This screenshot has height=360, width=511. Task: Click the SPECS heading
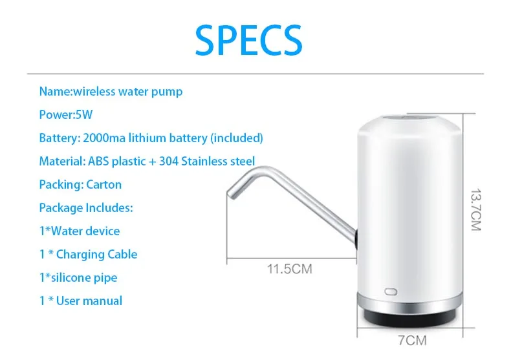click(x=248, y=40)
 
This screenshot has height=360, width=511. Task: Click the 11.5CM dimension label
click(x=289, y=269)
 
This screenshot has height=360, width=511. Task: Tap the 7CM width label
click(x=412, y=341)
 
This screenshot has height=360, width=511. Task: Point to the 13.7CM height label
click(x=476, y=209)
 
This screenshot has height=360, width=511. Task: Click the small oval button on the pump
click(x=391, y=291)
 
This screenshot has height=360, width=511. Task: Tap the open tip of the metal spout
click(x=231, y=195)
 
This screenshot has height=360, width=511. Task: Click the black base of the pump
click(x=409, y=317)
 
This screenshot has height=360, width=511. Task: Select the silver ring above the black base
click(x=409, y=303)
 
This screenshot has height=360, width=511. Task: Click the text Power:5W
click(x=66, y=114)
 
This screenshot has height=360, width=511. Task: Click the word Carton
click(x=104, y=185)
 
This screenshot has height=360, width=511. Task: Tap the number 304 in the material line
click(x=168, y=162)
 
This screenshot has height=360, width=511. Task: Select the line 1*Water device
click(x=80, y=231)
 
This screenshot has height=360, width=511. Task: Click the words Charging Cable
click(x=97, y=254)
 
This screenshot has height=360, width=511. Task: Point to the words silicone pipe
click(x=84, y=278)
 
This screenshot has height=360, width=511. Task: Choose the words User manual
click(x=89, y=301)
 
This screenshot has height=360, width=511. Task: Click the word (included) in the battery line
click(x=237, y=138)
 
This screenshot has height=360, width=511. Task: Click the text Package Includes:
click(x=86, y=208)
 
